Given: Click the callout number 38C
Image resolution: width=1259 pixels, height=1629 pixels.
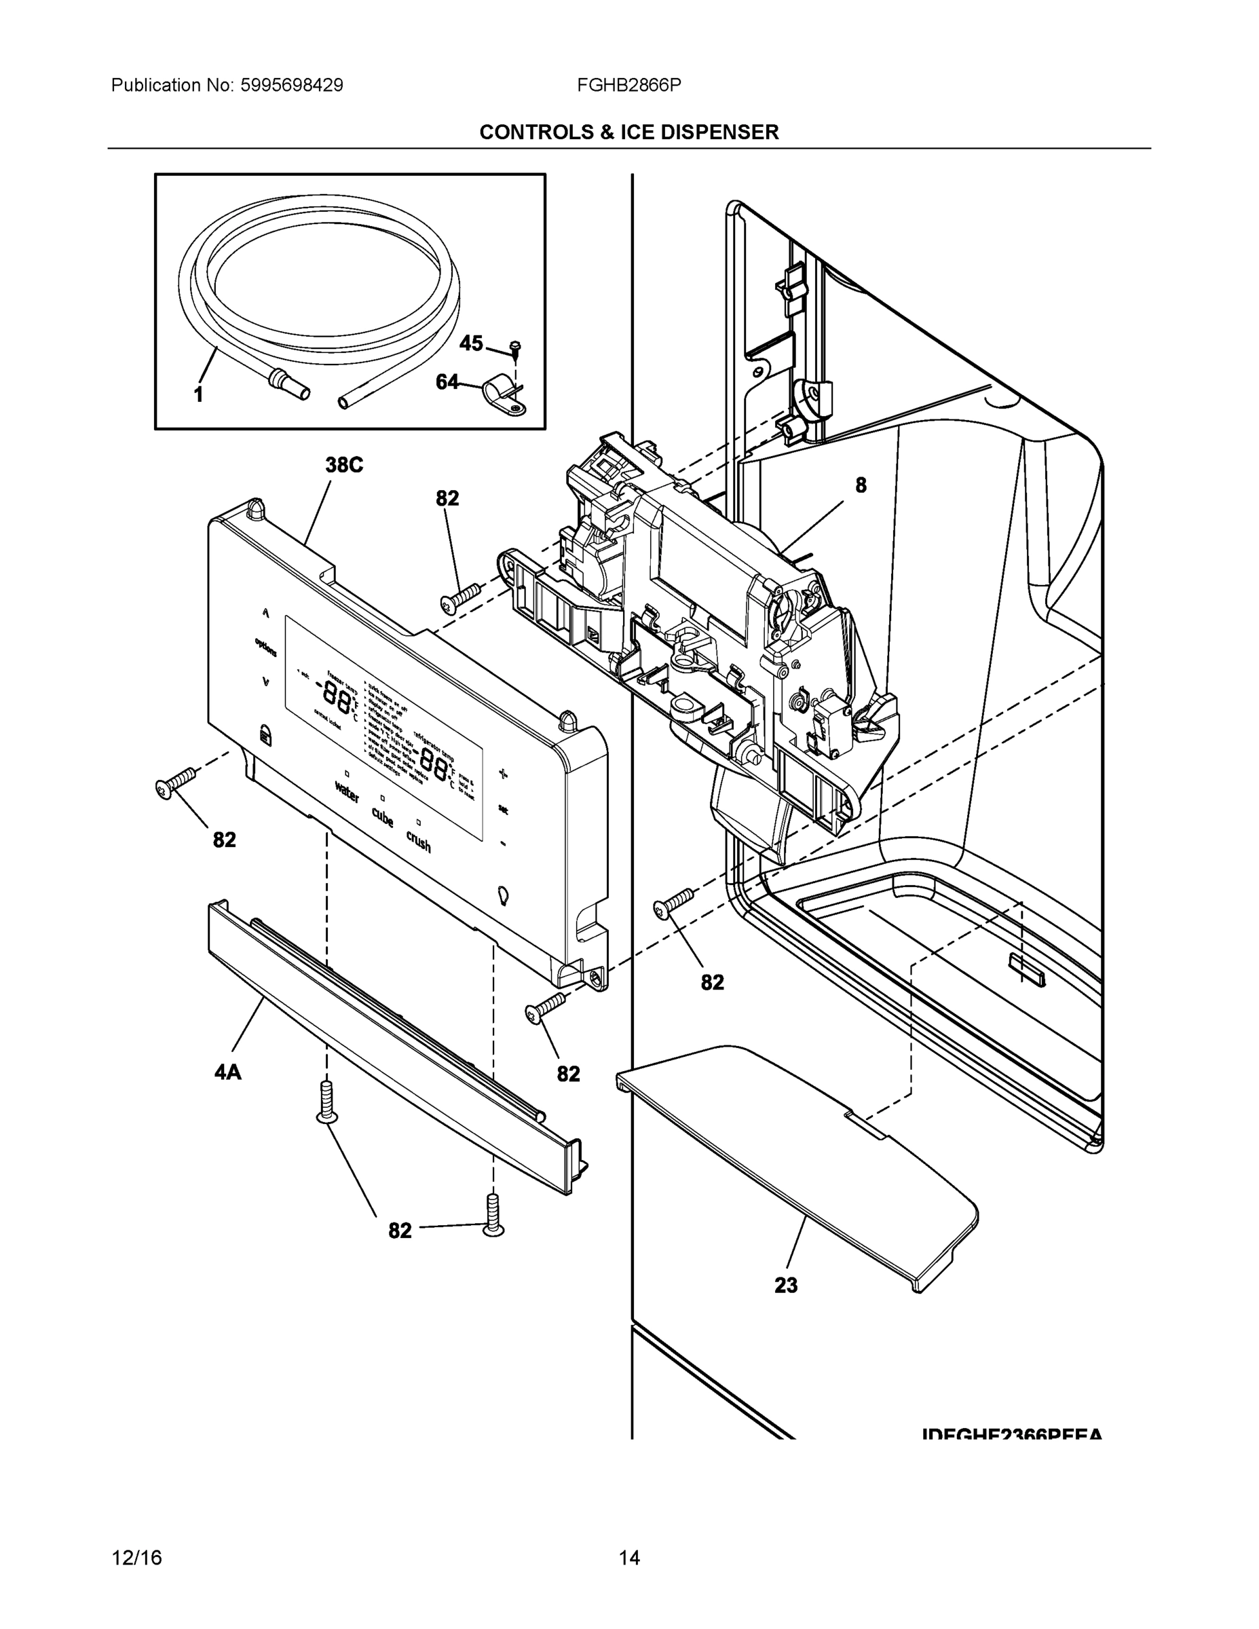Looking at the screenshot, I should [x=344, y=466].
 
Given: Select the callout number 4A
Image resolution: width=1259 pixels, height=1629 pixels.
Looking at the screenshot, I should [x=227, y=1072].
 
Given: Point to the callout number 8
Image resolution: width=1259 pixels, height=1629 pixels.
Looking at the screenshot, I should [x=861, y=485].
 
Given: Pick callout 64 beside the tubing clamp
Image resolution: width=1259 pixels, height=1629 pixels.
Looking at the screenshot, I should [x=447, y=382].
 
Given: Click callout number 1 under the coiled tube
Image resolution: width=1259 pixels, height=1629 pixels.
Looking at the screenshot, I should [x=198, y=395].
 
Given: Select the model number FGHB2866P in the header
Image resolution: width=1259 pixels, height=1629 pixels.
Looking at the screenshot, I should [x=628, y=86].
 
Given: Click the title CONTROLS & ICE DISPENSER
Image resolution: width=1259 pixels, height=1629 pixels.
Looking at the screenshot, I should [x=628, y=132].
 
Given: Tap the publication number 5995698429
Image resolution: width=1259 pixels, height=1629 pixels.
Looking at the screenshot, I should [x=291, y=86].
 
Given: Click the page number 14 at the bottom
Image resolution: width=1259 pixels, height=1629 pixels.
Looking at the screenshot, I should [x=628, y=1558].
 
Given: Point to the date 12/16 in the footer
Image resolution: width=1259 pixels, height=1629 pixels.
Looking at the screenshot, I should [x=136, y=1558].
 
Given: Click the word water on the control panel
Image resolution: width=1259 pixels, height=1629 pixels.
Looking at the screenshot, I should [x=347, y=792].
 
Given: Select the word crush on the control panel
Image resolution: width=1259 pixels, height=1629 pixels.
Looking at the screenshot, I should [x=419, y=842].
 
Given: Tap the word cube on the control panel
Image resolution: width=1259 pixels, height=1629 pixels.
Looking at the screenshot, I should [x=383, y=817].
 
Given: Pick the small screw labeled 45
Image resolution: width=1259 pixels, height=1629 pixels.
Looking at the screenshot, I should [x=514, y=346].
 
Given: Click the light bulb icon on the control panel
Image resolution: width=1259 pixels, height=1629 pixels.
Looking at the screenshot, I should [x=503, y=895].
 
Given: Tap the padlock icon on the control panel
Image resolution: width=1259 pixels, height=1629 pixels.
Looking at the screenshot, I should [x=265, y=734].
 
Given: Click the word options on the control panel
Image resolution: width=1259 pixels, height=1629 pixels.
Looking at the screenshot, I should [x=265, y=647].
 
